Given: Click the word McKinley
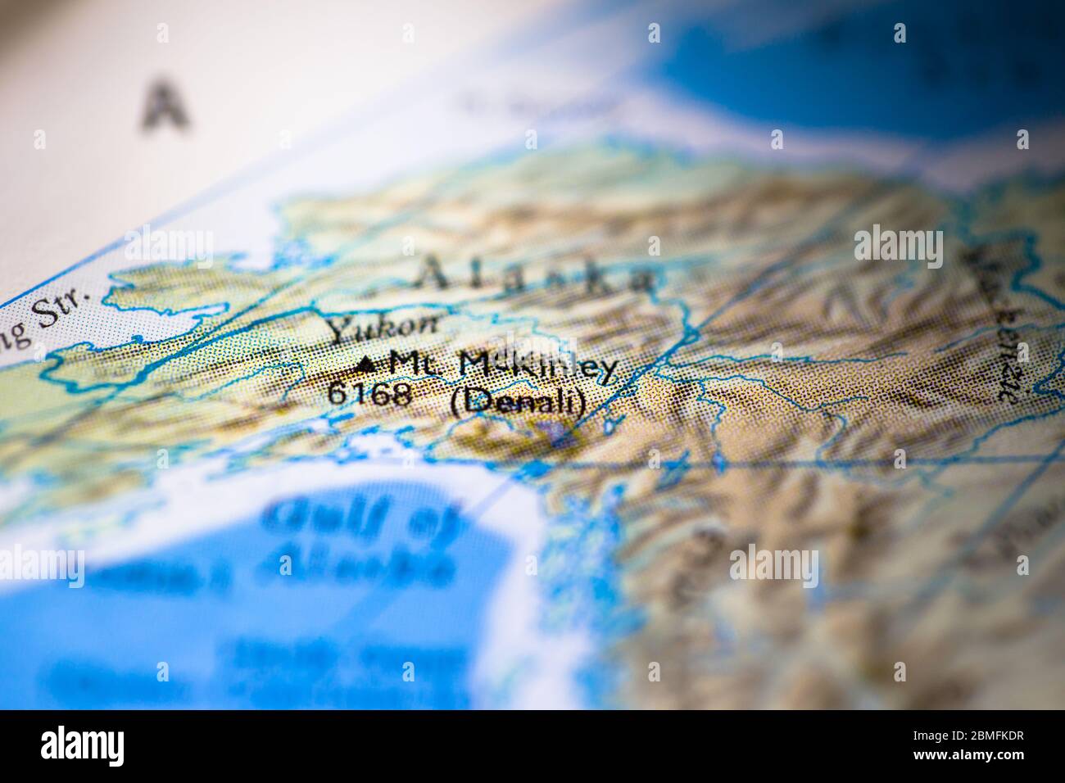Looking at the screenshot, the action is coord(537,368).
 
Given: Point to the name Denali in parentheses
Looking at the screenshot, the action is coord(519,401).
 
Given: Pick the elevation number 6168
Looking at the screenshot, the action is coord(369,393).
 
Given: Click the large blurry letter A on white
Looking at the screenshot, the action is coord(166,104).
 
